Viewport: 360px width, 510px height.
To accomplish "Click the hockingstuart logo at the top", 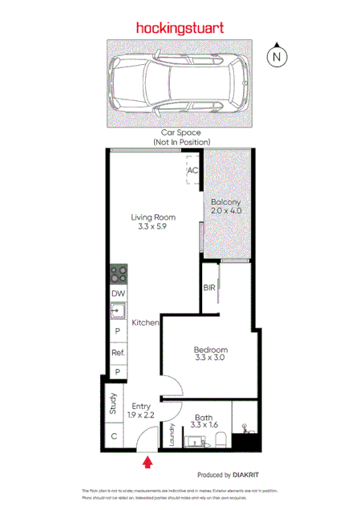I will coord(180,27).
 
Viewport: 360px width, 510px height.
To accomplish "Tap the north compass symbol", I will coord(277,55).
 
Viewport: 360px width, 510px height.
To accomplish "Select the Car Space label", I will coord(180,132).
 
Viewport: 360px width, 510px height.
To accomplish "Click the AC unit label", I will coord(192,171).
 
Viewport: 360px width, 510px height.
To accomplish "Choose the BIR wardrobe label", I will coord(209,288).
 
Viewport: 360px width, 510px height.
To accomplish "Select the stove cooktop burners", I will coord(118,273).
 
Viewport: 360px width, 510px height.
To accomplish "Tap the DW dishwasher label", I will coord(118,294).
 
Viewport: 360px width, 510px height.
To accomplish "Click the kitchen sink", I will coord(117,310).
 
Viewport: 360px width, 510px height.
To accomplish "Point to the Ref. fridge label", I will coord(118,352).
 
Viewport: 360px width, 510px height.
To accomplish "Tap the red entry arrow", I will coord(147,462).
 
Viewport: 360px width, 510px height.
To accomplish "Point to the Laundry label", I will coord(172,435).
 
